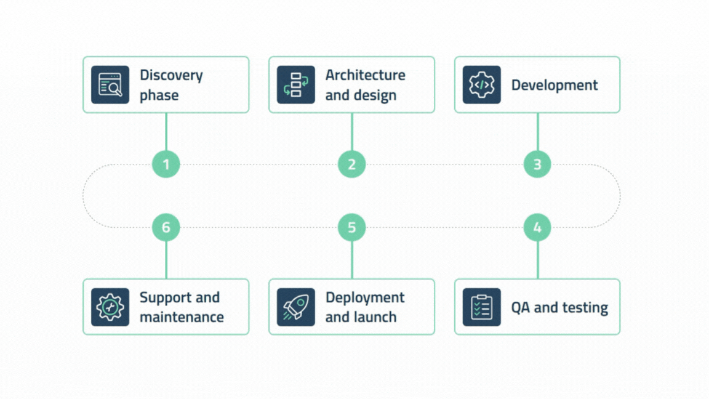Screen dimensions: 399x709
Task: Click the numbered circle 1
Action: (166, 164)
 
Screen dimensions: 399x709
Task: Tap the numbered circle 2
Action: (352, 164)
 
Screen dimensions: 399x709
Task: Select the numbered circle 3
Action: (537, 164)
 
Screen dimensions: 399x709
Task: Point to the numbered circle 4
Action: (537, 227)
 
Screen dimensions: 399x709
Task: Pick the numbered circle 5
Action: (352, 227)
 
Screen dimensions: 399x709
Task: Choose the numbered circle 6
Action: (166, 227)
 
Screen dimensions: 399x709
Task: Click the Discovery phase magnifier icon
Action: (110, 85)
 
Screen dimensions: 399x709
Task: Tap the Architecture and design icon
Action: (296, 85)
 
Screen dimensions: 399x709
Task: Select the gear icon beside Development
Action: (482, 85)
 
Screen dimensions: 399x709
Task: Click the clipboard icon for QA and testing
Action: (482, 307)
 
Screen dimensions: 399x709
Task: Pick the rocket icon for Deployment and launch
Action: (296, 307)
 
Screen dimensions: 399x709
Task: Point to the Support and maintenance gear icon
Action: (110, 307)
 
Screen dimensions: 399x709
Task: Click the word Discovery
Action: (171, 75)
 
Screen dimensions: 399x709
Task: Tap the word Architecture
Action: (365, 75)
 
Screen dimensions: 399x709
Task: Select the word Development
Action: (554, 85)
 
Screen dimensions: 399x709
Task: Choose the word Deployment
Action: (365, 297)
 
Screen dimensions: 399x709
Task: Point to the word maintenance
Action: (182, 317)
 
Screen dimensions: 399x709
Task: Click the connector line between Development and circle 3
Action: (537, 132)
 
